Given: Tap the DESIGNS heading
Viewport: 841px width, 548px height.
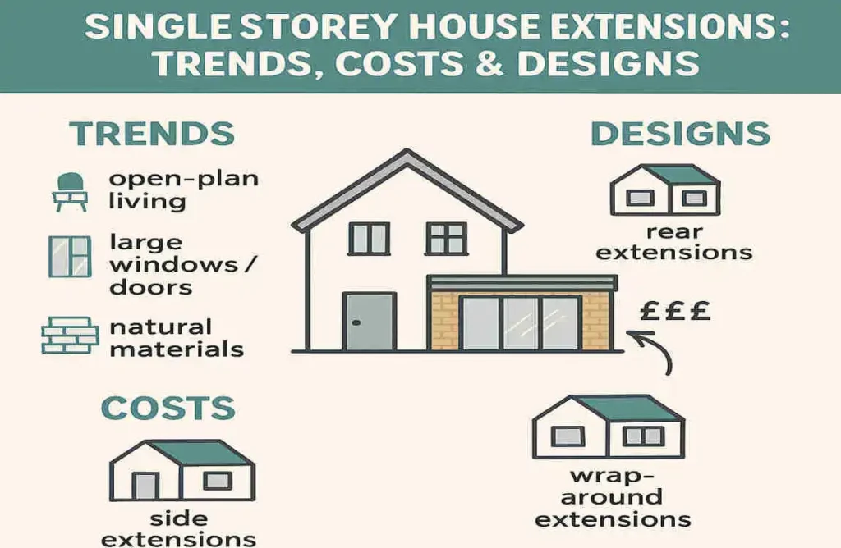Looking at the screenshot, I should (x=680, y=134).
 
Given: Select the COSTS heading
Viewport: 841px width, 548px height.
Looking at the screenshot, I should (x=168, y=408).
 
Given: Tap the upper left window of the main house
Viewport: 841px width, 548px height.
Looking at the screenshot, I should (x=368, y=238).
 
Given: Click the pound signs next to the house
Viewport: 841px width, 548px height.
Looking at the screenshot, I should (x=674, y=313).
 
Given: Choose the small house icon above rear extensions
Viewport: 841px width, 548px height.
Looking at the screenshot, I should (x=665, y=190).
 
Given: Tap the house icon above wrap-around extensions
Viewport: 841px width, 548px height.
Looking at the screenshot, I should (x=609, y=427).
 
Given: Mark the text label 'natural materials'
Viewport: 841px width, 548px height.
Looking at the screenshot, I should (x=177, y=338).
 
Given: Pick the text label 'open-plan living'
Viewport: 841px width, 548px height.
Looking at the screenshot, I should (x=183, y=190).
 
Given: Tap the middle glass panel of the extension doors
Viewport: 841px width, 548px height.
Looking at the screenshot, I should (x=520, y=323).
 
